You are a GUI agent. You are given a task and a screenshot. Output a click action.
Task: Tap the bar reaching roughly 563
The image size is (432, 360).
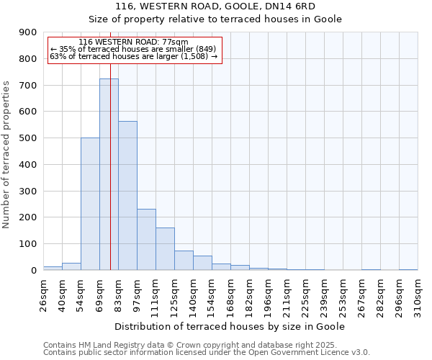(x=127, y=195)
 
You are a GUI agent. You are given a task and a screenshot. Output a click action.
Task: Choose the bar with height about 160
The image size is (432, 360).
(x=165, y=248)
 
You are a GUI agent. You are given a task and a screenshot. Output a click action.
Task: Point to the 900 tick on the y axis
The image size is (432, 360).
(x=28, y=32)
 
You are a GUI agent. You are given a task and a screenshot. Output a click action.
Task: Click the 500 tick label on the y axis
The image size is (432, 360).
(x=28, y=138)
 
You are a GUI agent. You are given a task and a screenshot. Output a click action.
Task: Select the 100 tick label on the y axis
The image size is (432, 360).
(x=28, y=244)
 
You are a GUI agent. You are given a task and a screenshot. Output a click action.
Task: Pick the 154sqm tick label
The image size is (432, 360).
(x=212, y=294)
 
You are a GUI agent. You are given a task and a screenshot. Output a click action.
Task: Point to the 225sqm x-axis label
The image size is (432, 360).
(x=305, y=294)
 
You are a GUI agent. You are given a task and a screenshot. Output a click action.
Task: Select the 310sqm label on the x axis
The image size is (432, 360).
(x=418, y=294)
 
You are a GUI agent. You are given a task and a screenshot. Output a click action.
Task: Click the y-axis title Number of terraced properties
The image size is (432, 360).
(x=7, y=155)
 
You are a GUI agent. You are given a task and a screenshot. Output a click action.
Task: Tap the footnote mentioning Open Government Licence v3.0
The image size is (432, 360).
(x=207, y=352)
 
